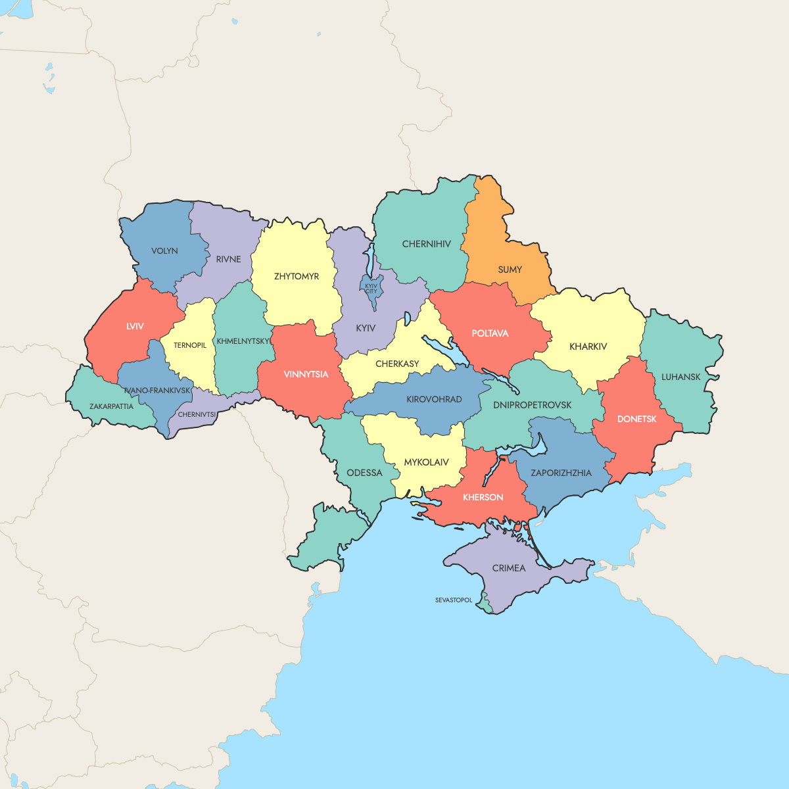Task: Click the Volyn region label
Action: (164, 251)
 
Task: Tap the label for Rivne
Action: (228, 259)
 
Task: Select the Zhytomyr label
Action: (297, 276)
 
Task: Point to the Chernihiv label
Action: (427, 244)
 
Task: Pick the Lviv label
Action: (135, 326)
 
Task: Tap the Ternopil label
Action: (190, 345)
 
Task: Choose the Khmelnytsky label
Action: (243, 341)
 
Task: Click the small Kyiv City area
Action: (371, 288)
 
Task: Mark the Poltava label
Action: (490, 333)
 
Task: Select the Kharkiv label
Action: (588, 347)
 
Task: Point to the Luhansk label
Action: (681, 377)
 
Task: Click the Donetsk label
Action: (636, 419)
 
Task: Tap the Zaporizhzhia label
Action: (561, 473)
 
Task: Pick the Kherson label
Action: (483, 497)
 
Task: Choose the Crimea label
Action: (509, 568)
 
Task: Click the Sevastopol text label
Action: (454, 600)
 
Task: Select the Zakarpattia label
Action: (111, 406)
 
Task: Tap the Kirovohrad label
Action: (434, 399)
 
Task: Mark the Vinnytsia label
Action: (306, 374)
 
